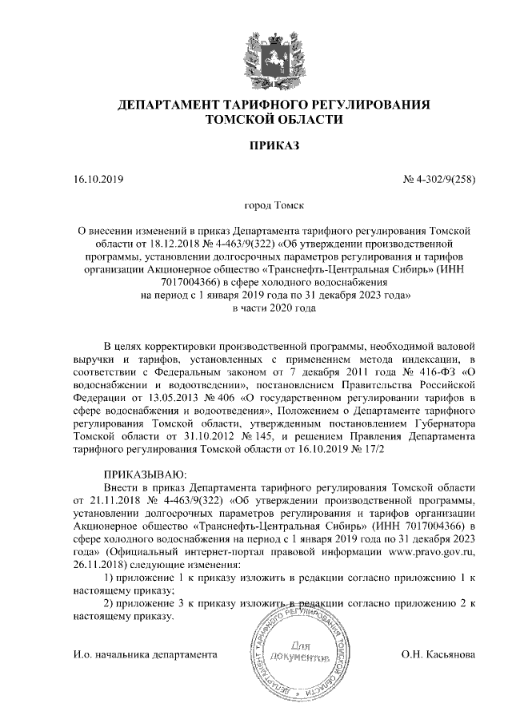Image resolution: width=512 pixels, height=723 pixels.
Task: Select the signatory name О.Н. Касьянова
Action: click(x=438, y=655)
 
